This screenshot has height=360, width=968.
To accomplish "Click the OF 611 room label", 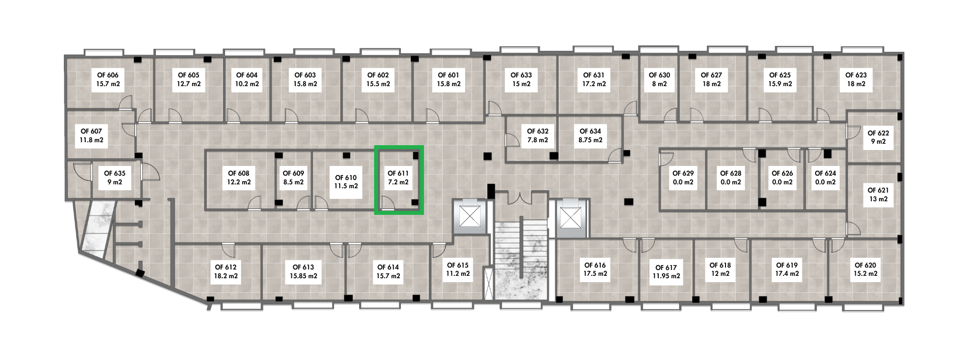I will click(398, 178).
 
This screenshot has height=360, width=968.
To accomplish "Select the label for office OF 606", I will click(108, 79).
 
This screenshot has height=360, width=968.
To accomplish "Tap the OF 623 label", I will click(856, 79).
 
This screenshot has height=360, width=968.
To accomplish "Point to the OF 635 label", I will click(115, 178).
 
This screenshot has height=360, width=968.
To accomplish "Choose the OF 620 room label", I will click(865, 269).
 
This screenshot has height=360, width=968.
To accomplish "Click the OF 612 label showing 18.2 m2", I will click(226, 271).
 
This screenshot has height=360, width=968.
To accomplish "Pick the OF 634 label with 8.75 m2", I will click(590, 135).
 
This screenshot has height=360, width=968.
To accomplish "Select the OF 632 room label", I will click(538, 135).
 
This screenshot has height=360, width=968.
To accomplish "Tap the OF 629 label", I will click(683, 178).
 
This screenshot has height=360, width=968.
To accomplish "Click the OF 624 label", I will click(825, 178).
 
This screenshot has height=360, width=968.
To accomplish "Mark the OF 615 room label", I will click(458, 269).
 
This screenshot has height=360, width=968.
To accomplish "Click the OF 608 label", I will click(239, 178).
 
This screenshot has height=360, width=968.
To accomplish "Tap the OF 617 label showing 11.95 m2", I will click(666, 271).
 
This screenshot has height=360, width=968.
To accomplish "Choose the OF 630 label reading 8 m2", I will click(659, 79).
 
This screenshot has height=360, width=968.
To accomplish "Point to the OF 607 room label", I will click(91, 135).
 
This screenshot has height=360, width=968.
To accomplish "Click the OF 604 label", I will click(247, 79).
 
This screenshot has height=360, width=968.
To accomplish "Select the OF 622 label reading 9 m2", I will click(878, 137).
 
